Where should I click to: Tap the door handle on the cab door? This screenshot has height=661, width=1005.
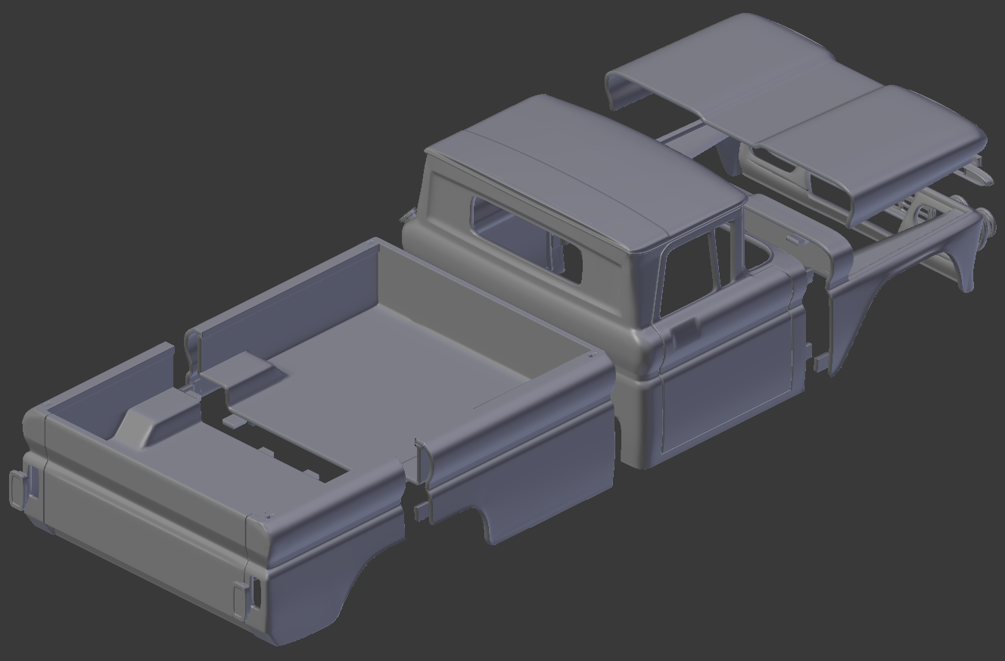pos(684,329)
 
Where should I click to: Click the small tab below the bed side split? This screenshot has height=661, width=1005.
pos(419,513)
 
